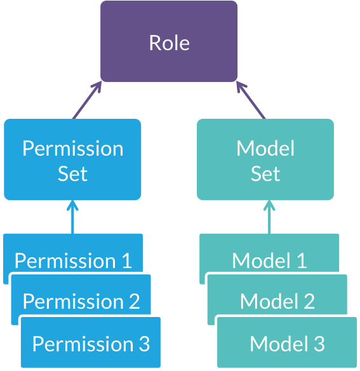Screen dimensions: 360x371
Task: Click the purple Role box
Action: [169, 41]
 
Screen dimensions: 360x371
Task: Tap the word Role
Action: [170, 43]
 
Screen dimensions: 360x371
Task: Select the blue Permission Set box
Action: [72, 159]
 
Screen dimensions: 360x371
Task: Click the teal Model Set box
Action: [265, 159]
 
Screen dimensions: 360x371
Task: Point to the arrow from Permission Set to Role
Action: [87, 100]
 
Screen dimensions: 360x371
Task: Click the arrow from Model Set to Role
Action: [251, 100]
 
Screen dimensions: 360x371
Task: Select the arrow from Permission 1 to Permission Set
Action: [72, 217]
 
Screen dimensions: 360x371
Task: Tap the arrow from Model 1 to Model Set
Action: [269, 217]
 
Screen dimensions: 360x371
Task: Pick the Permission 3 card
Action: [91, 342]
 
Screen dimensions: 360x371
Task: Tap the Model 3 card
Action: [287, 342]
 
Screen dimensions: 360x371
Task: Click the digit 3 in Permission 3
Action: [144, 344]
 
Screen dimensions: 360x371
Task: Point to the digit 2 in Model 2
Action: [309, 301]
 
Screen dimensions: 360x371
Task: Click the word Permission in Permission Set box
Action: [73, 148]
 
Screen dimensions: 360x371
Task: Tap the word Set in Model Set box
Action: [265, 173]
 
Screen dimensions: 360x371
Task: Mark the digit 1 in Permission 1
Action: [127, 260]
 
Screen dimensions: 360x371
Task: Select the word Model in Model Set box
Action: [265, 148]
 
